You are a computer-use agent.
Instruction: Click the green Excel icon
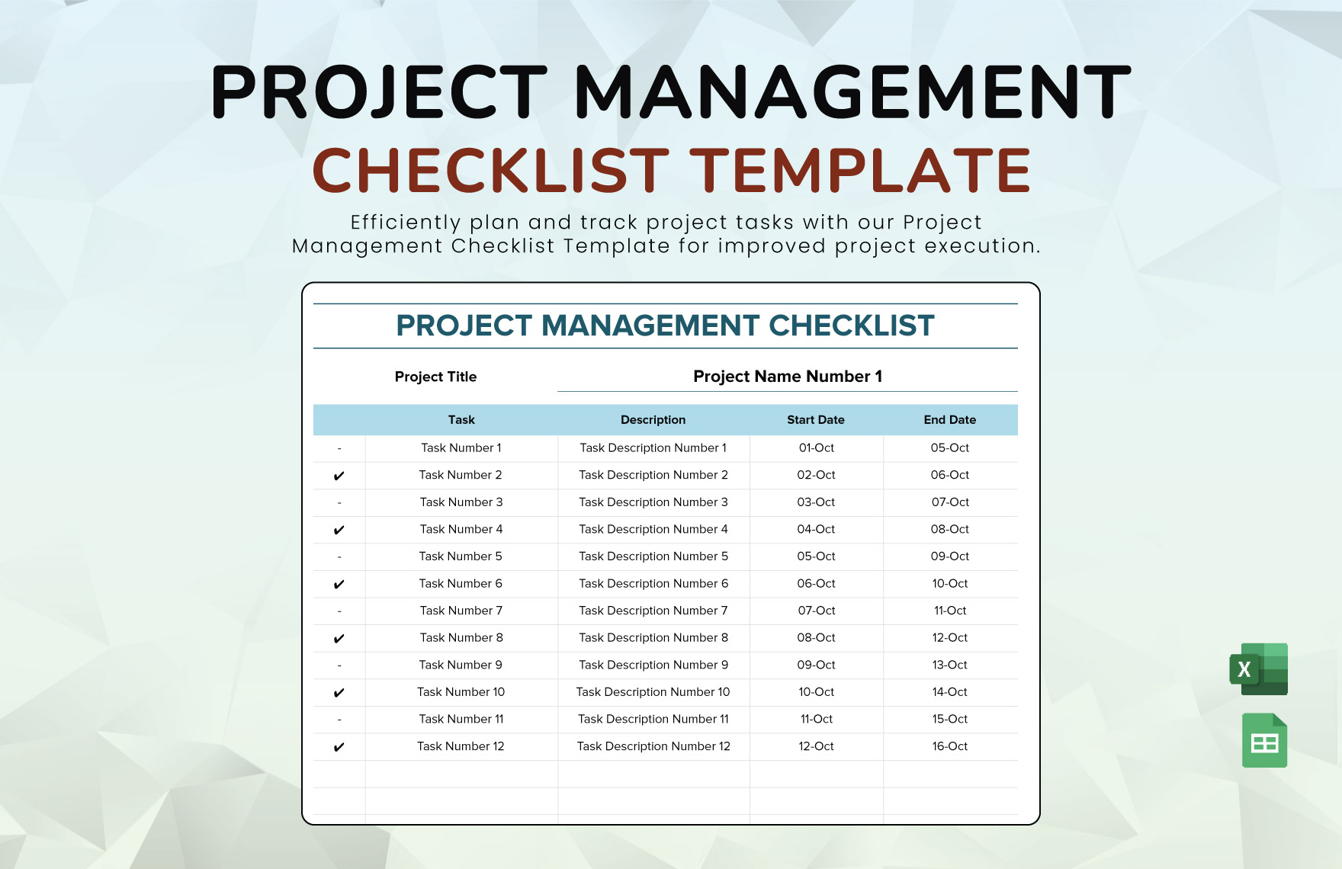pos(1259,669)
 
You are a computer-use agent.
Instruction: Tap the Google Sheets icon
pos(1264,741)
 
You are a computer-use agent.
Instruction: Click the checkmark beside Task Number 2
pos(339,476)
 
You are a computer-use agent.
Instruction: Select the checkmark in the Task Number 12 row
pos(339,747)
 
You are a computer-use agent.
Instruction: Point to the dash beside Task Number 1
pos(339,448)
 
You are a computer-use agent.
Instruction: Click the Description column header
pos(653,420)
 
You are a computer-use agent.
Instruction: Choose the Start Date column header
pos(815,420)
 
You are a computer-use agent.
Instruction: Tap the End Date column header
pos(949,420)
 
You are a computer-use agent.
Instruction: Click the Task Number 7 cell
pos(461,611)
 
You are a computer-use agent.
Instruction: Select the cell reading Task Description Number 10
pos(653,692)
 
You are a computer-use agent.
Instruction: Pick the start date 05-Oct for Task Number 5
pos(816,556)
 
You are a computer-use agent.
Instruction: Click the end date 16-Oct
pos(949,746)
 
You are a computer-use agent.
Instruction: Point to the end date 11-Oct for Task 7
pos(949,611)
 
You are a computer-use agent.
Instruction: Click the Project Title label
pos(435,377)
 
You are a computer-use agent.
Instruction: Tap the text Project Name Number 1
pos(787,377)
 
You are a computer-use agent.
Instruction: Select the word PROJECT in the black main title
pos(378,92)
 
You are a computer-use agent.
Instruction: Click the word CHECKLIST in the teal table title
pos(851,325)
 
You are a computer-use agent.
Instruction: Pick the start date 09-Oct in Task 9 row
pos(816,665)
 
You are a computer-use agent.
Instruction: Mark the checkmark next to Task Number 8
pos(339,639)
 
